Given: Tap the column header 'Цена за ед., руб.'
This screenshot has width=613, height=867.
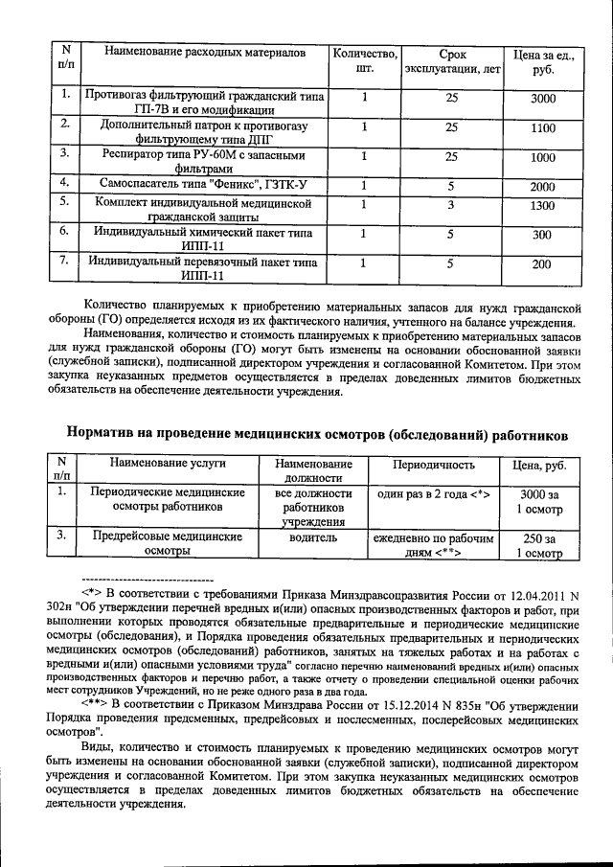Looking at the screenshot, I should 542,61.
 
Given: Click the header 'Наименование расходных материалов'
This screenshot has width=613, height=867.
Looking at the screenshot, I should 206,49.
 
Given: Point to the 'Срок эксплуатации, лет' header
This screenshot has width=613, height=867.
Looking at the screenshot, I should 451,61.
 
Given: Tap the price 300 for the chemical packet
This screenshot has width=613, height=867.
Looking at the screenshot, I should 542,235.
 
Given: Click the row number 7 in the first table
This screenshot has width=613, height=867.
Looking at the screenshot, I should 63,259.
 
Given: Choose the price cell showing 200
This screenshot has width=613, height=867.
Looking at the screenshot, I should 542,264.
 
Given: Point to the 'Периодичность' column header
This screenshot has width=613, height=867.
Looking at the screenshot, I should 434,465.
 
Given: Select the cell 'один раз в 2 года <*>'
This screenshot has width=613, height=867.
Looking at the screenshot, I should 434,493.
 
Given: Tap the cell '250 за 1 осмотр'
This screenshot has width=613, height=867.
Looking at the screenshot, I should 539,545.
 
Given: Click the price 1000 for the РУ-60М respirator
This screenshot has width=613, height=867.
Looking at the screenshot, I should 542,158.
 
